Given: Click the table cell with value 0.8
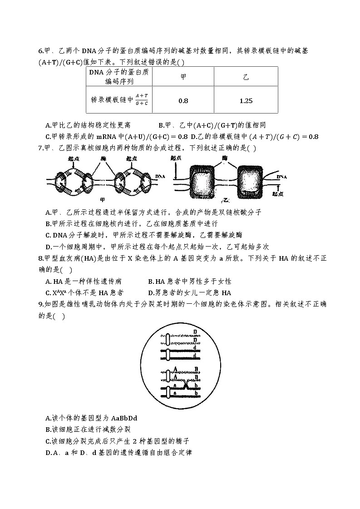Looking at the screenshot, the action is click(183, 101).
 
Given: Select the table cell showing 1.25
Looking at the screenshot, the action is click(246, 101).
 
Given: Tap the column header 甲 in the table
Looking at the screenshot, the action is click(183, 77).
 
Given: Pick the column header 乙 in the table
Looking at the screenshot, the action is click(246, 77).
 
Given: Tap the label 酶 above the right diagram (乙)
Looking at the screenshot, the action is click(224, 158).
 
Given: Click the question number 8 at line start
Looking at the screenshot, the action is click(40, 258).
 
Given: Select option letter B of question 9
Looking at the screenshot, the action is click(48, 429).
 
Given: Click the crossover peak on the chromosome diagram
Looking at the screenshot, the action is click(186, 385).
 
